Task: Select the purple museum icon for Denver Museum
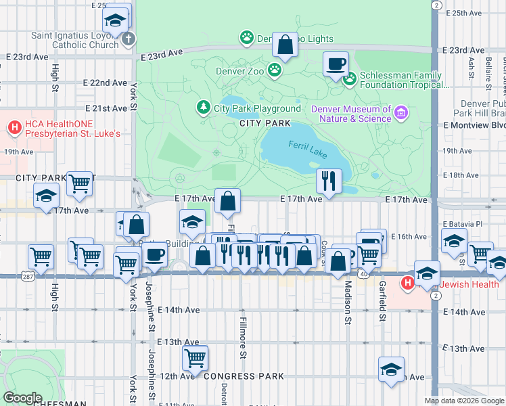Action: [401, 112]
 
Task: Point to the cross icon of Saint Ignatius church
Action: [129, 39]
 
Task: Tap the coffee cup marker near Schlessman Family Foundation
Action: [336, 65]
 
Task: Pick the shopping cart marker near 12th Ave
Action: [195, 358]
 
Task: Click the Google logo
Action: [22, 398]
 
